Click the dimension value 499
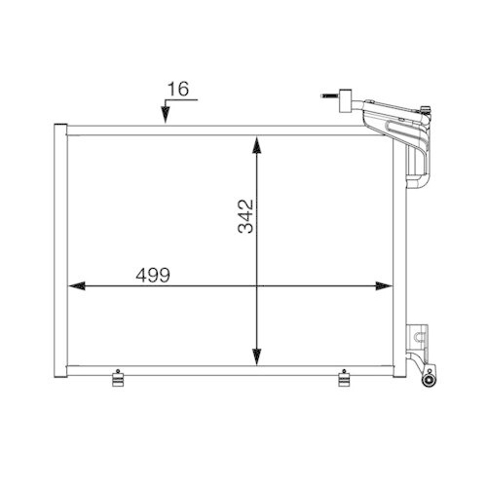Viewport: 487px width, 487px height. pyautogui.click(x=154, y=276)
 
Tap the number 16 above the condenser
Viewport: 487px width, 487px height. pyautogui.click(x=176, y=89)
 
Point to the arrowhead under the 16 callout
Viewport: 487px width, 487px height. pyautogui.click(x=167, y=118)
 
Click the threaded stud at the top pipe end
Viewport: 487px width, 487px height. pyautogui.click(x=324, y=96)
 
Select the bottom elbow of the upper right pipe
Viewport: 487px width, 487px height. pyautogui.click(x=421, y=184)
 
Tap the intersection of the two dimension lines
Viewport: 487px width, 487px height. pyautogui.click(x=257, y=286)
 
